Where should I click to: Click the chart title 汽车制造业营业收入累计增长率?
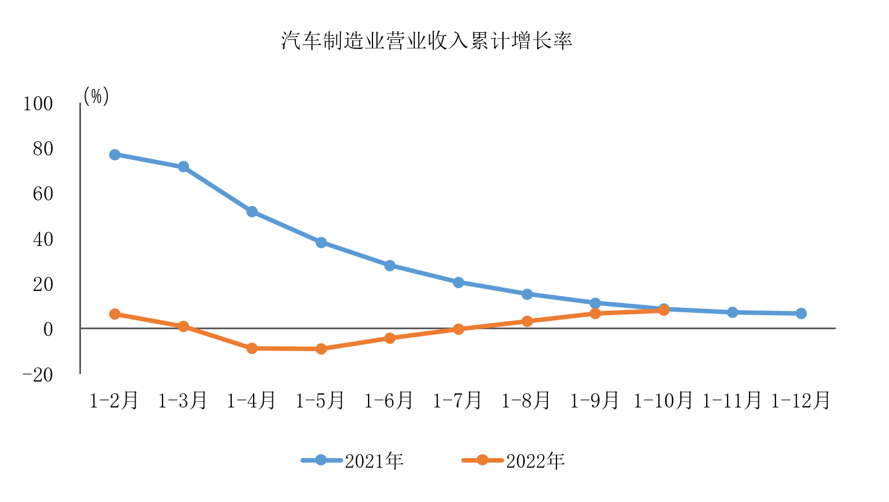426,41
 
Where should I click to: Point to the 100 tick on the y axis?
38,104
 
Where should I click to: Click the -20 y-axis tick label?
37,375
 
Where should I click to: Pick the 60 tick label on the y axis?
43,194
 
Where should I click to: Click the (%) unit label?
96,96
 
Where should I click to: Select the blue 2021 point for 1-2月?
115,155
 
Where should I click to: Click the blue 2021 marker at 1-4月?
252,212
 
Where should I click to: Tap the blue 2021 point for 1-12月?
801,313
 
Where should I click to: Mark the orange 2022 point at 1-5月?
321,349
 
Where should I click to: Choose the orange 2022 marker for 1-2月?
115,314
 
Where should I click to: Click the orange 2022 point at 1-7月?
459,329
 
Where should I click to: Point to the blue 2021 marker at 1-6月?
390,266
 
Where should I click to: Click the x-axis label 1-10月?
663,401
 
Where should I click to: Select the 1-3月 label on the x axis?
183,401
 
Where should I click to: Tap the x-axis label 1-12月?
801,401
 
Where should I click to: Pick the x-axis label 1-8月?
526,401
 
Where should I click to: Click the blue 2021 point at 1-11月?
733,312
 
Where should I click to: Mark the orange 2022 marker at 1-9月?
595,313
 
